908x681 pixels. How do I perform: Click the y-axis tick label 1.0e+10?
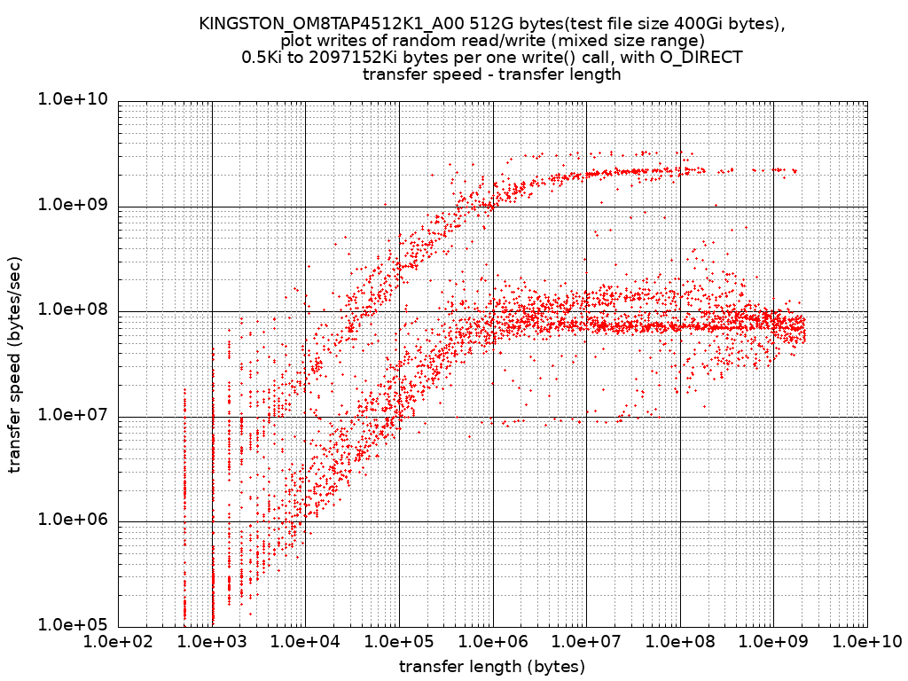tap(73, 100)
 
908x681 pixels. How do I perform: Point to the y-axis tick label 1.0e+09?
tap(73, 205)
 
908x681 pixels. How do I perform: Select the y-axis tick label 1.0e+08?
tap(73, 309)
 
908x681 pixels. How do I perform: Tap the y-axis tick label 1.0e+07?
tap(73, 415)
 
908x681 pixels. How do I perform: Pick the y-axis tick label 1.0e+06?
tap(73, 520)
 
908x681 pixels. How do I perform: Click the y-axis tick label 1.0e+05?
tap(73, 624)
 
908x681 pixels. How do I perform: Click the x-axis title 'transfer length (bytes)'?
tap(492, 666)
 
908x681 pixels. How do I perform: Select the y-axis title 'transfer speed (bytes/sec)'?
tap(15, 365)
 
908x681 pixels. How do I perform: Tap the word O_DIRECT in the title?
tap(701, 58)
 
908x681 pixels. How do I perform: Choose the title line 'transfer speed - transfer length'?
tap(492, 74)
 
